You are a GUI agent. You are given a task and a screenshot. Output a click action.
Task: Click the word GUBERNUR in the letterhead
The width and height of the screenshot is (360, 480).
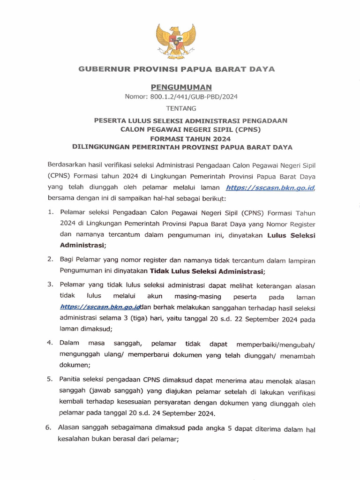pos(100,69)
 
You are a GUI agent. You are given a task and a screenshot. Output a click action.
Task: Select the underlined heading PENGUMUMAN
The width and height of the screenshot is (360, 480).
pos(181,87)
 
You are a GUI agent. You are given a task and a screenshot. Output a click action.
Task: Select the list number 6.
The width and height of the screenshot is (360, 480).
pos(48,427)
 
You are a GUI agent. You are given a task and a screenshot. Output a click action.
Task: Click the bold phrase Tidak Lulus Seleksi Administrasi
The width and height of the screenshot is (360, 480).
pos(207,271)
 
